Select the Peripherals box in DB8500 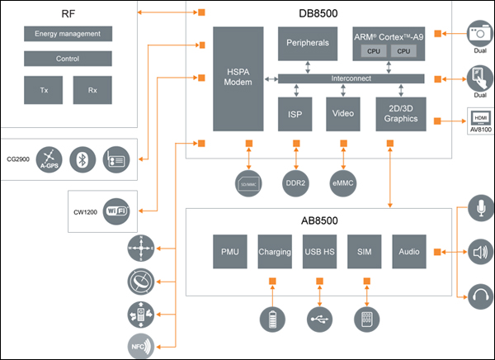[x=308, y=42]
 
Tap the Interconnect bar [x=351, y=78]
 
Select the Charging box [x=275, y=252]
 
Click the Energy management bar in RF [x=68, y=34]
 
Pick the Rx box [x=92, y=90]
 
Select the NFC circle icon [x=140, y=347]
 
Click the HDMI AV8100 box [x=479, y=120]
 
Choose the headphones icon [x=479, y=294]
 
